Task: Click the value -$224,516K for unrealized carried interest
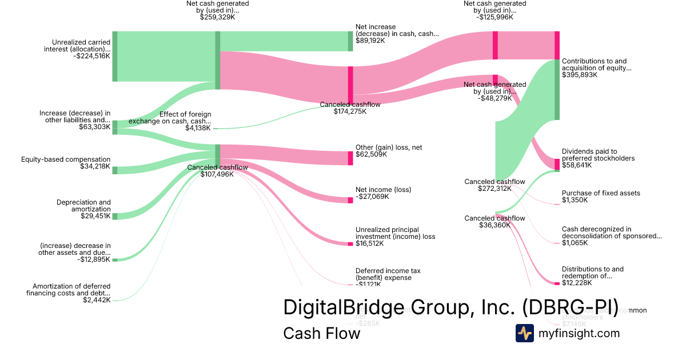(x=91, y=56)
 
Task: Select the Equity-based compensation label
(x=66, y=159)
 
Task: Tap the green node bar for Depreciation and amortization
(x=115, y=216)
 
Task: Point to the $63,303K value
(x=95, y=127)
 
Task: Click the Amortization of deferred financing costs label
(x=68, y=290)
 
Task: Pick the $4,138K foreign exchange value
(x=198, y=128)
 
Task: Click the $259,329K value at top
(x=217, y=17)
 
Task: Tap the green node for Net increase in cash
(x=350, y=41)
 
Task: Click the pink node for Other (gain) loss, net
(x=350, y=158)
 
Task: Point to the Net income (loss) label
(x=383, y=190)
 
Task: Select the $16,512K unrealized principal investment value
(x=369, y=243)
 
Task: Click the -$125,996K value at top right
(x=495, y=17)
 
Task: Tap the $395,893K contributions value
(x=580, y=75)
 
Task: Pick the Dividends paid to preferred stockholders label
(x=598, y=155)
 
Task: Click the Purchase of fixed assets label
(x=601, y=193)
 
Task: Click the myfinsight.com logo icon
(x=524, y=333)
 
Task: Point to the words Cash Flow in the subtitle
(x=321, y=334)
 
